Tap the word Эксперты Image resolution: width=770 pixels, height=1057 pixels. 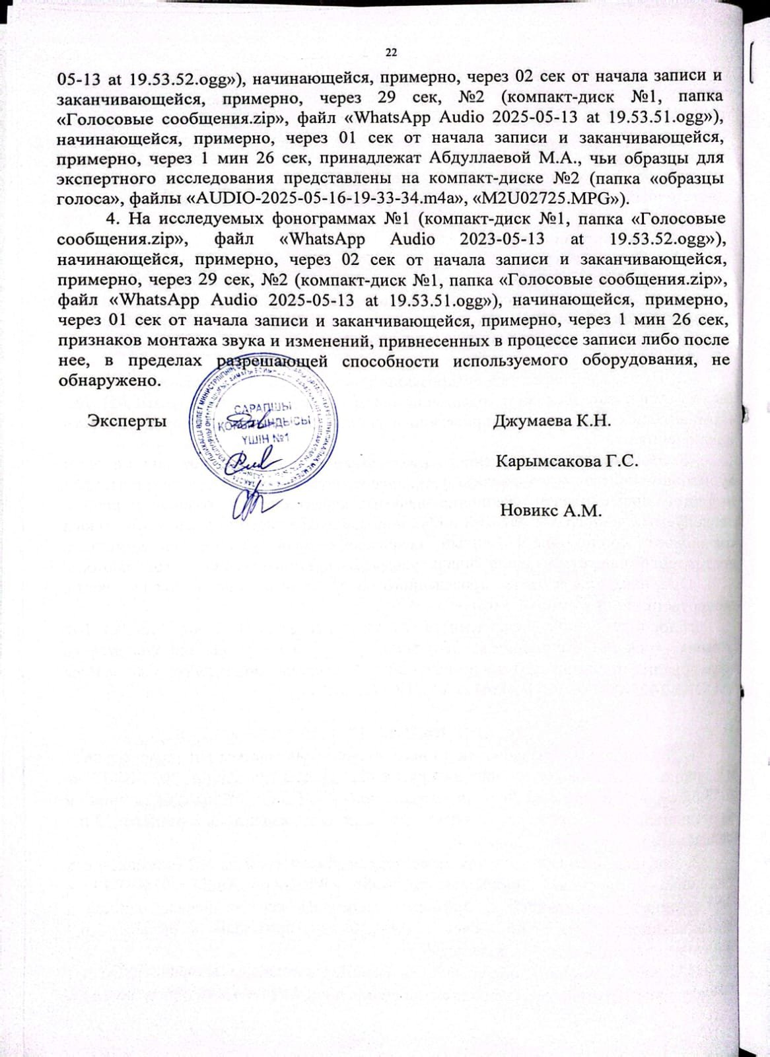coord(127,421)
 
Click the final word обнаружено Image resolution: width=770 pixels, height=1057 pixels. coord(108,381)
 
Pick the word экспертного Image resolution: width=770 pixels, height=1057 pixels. coord(106,179)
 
